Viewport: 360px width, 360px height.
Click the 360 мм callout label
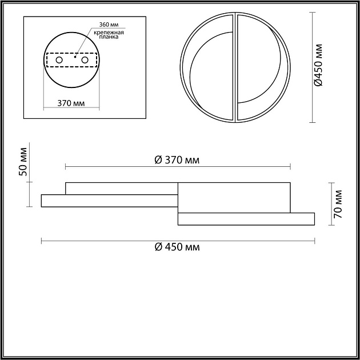tap(109, 25)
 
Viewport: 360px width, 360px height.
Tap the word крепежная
tap(109, 33)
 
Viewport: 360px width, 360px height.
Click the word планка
tap(109, 37)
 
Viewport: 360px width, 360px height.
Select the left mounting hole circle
tap(59, 60)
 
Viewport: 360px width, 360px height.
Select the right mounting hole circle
tap(85, 60)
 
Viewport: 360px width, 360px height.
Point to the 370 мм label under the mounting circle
tap(71, 103)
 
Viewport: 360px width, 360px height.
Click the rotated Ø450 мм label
tap(318, 65)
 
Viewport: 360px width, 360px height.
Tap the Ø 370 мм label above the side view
tap(177, 160)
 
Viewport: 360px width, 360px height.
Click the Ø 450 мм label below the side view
tap(177, 247)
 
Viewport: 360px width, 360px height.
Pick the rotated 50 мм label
tap(23, 162)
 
